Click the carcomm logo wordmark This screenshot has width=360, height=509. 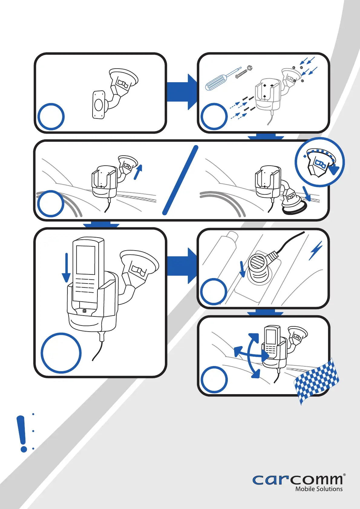coord(298,480)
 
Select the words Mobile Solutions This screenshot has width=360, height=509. coord(319,489)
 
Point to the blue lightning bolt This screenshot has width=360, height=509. coord(316,251)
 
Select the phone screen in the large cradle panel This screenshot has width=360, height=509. coord(86,260)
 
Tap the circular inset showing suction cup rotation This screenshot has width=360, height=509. coord(319,162)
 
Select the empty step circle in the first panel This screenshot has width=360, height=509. coord(51,117)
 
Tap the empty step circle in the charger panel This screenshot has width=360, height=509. coord(214,292)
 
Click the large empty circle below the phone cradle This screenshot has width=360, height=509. coord(61,353)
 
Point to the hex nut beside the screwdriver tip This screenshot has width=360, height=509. coord(250,68)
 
